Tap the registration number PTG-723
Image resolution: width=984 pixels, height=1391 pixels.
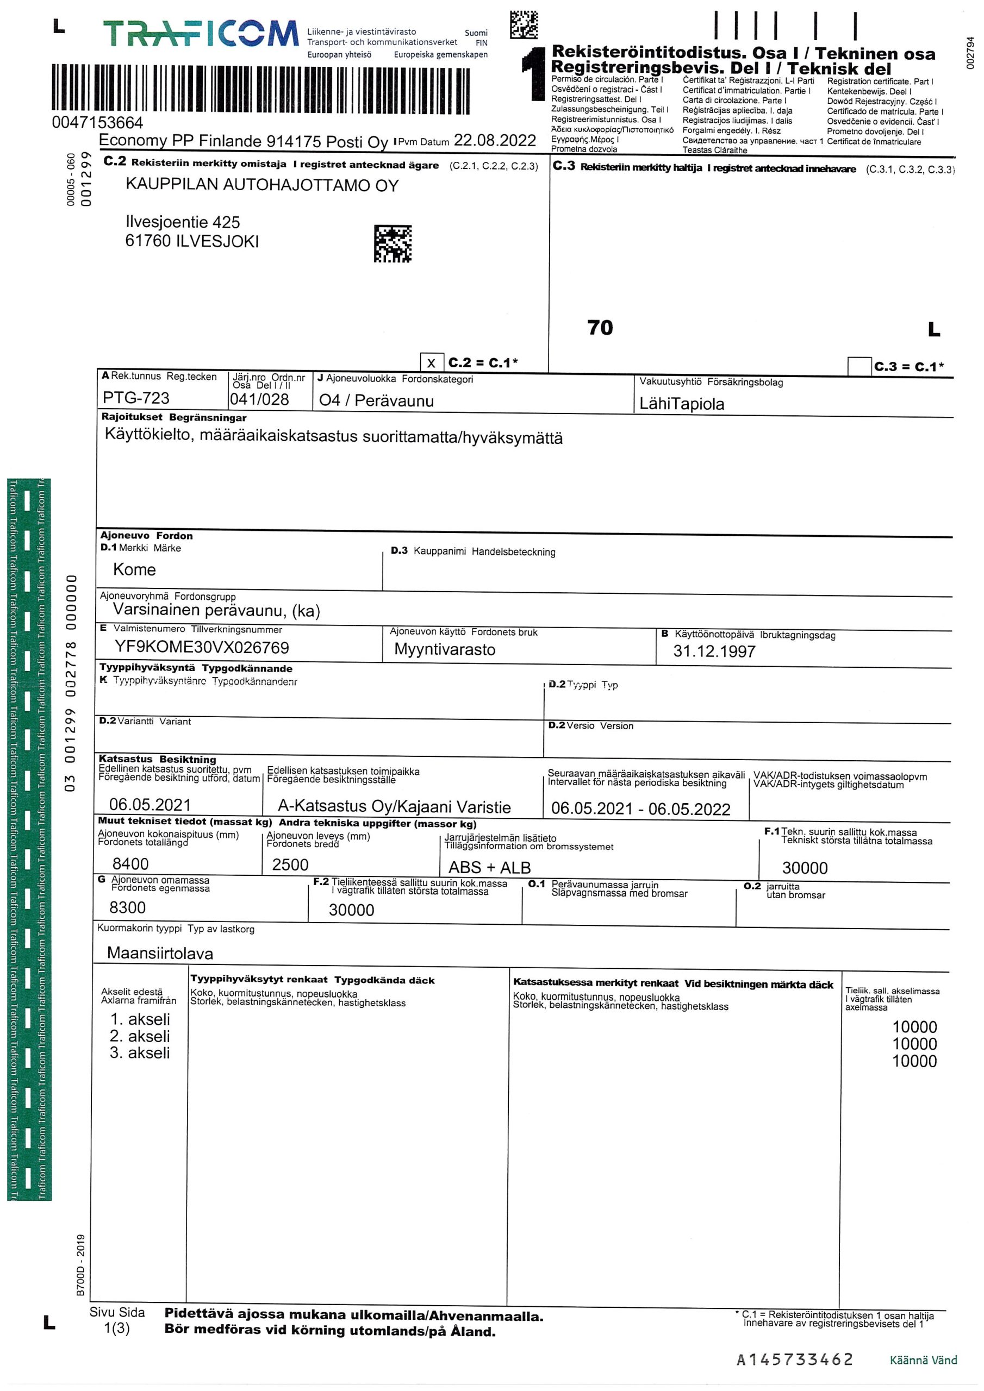point(136,398)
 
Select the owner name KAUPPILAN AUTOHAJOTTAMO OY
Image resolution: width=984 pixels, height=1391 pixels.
point(262,185)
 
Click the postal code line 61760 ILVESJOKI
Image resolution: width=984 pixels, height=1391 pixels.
point(191,241)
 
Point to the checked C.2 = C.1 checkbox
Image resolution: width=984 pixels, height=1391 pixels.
point(431,363)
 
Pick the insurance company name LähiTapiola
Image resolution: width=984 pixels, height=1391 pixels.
point(682,404)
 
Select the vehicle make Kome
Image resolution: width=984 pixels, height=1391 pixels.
point(135,569)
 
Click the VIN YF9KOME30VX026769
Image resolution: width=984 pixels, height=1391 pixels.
point(202,647)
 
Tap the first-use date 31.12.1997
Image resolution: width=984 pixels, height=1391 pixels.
point(714,651)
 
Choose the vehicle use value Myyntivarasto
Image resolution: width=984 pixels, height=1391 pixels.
point(444,649)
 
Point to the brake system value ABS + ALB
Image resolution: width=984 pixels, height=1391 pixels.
point(489,868)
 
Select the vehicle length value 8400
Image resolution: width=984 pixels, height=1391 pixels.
point(130,863)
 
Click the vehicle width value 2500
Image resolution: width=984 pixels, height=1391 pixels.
point(290,864)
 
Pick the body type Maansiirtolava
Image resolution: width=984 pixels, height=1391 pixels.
point(160,953)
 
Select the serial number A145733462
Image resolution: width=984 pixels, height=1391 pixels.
point(794,1359)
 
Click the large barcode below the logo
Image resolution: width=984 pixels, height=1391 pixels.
point(261,90)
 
